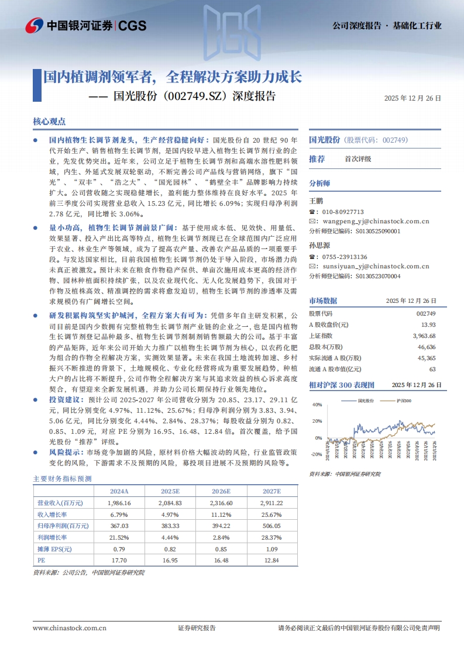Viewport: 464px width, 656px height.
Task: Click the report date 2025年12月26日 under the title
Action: coord(413,99)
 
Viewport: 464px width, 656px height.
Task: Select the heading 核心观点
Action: coord(49,122)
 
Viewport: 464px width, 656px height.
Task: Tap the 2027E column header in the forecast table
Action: coord(271,491)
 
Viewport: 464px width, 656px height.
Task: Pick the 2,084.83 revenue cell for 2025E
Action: coord(170,503)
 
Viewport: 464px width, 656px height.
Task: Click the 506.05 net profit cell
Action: coord(271,526)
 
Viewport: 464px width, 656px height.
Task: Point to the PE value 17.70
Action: coord(119,560)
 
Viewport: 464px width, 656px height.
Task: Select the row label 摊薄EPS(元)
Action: coord(54,548)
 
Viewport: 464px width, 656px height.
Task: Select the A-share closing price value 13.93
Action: coord(428,324)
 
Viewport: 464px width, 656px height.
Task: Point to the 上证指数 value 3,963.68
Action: coord(424,336)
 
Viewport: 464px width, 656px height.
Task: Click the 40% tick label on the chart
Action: coord(317,405)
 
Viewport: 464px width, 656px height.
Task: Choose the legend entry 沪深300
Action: coord(404,400)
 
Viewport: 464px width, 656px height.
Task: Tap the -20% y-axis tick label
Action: coord(316,454)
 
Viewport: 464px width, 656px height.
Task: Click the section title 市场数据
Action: coord(323,301)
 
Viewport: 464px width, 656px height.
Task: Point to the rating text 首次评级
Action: coord(358,158)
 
